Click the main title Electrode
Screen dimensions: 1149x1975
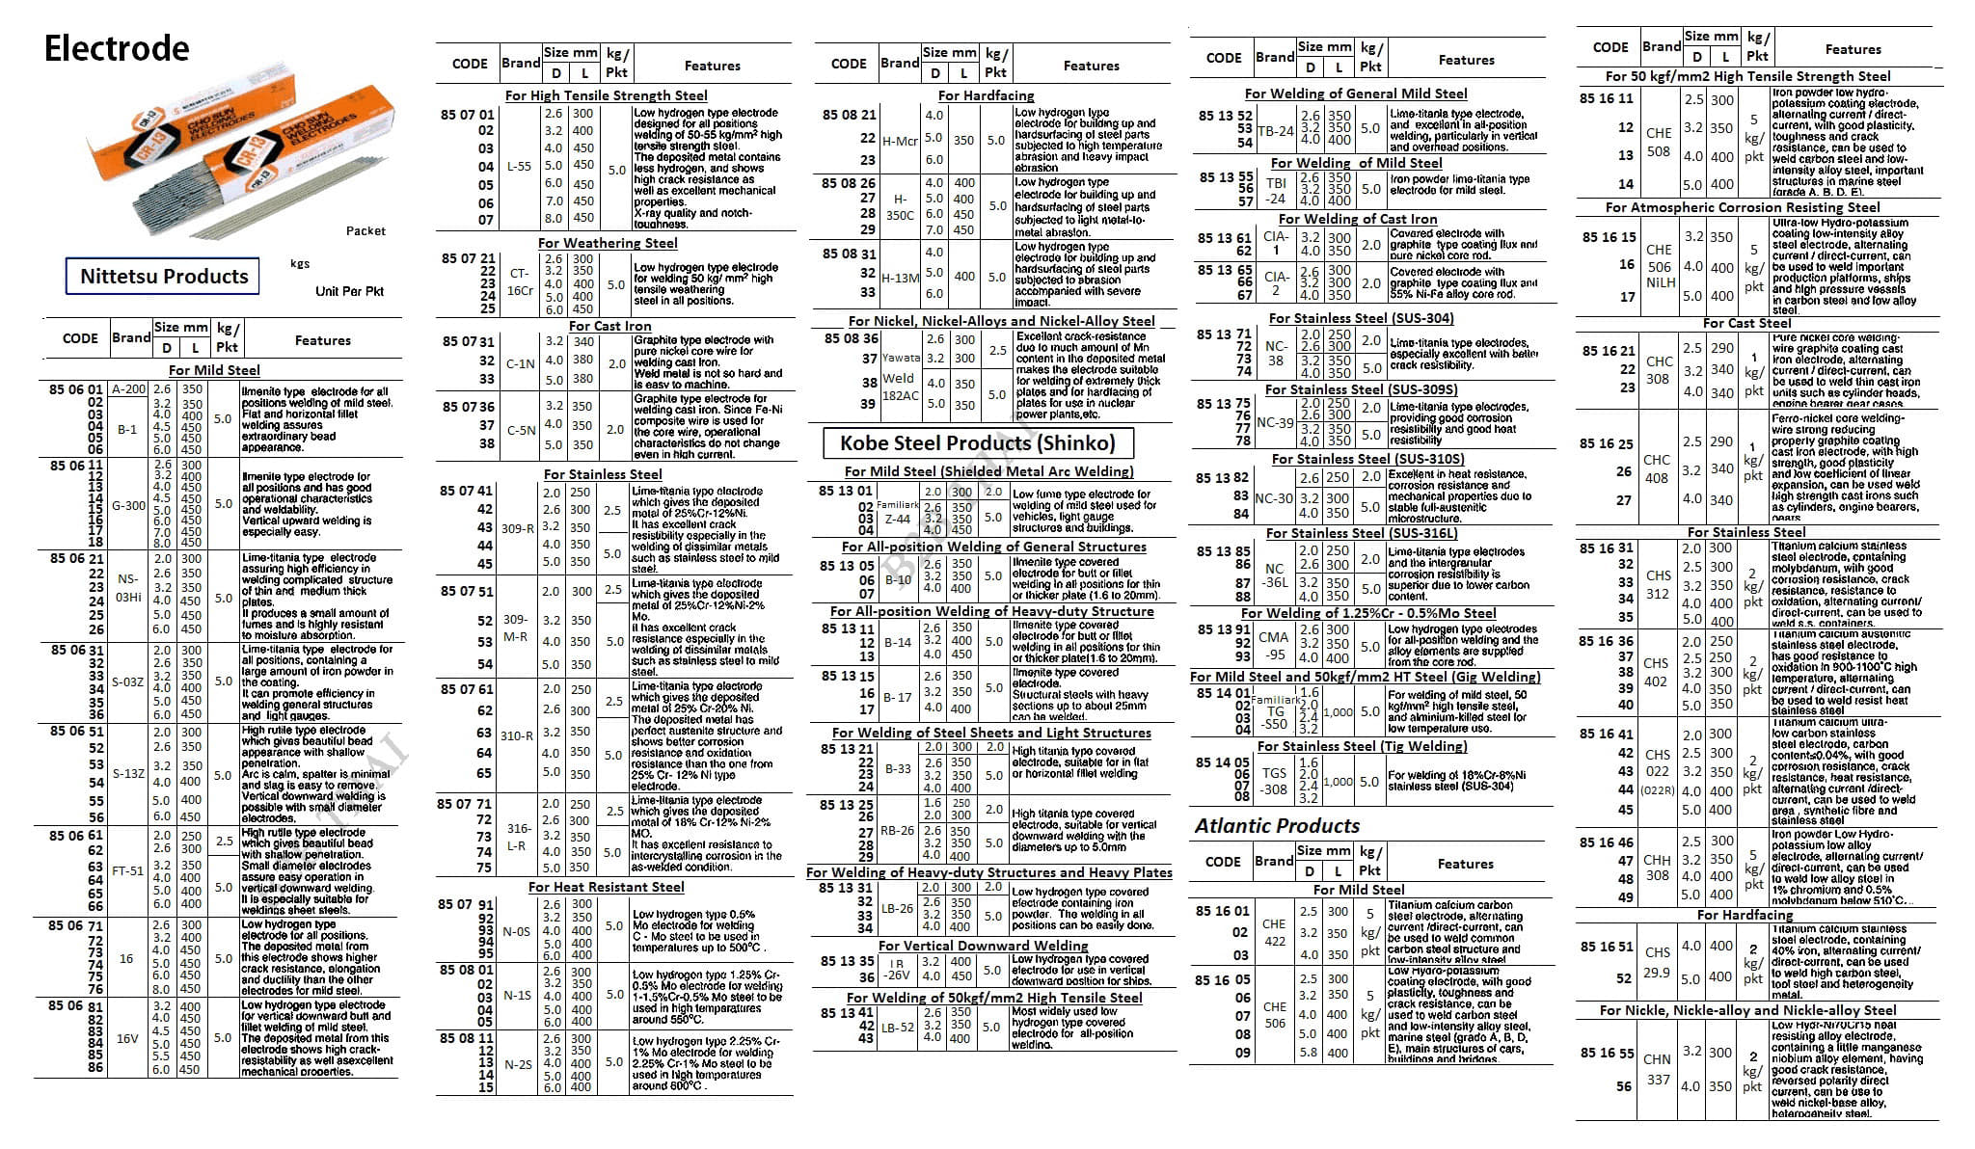(x=117, y=48)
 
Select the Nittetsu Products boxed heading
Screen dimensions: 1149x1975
(x=163, y=277)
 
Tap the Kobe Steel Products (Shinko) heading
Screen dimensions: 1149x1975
(x=977, y=443)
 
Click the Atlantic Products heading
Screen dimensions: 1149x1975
(x=1277, y=826)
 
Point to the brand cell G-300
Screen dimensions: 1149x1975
(x=128, y=505)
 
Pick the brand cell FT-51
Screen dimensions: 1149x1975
(x=127, y=870)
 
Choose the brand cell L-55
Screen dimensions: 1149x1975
(x=519, y=167)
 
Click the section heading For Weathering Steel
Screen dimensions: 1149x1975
(x=608, y=243)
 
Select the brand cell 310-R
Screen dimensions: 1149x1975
(x=517, y=735)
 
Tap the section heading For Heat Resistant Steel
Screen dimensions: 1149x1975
(x=606, y=887)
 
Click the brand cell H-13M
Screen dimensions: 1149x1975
(x=900, y=278)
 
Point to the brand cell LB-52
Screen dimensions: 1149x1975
(x=897, y=1028)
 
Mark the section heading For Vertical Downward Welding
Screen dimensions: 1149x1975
(x=983, y=946)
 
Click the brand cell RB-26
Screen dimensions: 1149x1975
(x=898, y=830)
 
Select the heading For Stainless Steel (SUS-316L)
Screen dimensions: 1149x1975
(x=1362, y=533)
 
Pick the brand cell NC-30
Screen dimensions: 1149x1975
(x=1274, y=498)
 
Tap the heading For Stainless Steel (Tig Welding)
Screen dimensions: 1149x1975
(x=1362, y=746)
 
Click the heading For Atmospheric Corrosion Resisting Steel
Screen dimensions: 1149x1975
(x=1743, y=207)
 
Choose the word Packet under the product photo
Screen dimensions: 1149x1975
(x=365, y=231)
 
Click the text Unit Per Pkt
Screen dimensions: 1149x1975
(x=349, y=291)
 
